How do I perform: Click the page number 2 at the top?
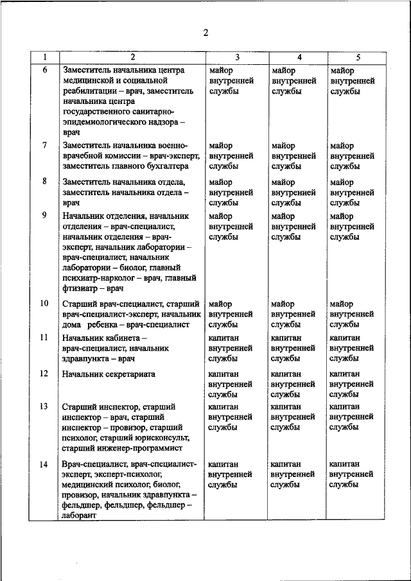[x=205, y=33]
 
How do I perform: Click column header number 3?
[x=236, y=57]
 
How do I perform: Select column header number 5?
[x=358, y=57]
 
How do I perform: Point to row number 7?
[x=44, y=145]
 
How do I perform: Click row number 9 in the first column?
[x=44, y=216]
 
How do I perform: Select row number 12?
[x=44, y=373]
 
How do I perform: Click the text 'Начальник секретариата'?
[x=109, y=374]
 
